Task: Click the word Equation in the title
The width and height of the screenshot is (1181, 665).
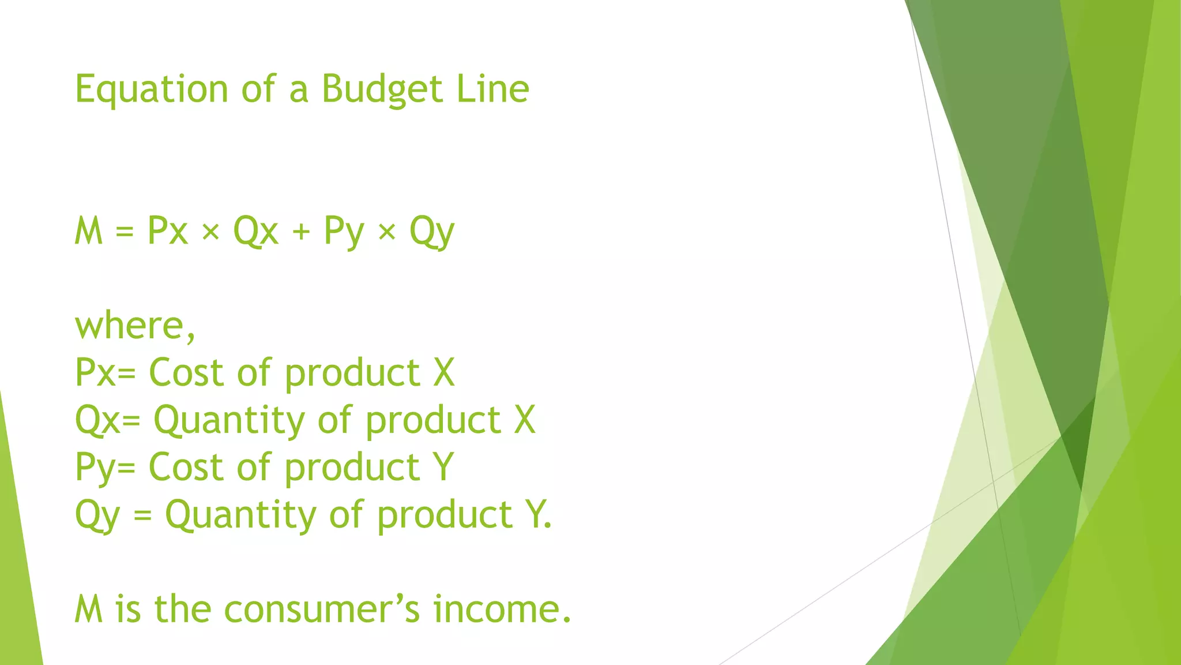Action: coord(152,90)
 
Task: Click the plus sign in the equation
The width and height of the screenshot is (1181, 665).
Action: coord(301,232)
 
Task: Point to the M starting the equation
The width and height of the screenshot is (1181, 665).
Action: coord(89,231)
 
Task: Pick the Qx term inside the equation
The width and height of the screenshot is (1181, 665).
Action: coord(255,231)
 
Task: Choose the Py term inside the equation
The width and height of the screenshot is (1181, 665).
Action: coord(344,232)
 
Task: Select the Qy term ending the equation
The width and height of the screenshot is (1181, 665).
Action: coord(432,232)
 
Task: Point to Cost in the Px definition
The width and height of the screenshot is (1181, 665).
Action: coord(186,372)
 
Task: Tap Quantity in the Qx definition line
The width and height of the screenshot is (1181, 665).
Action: coord(229,420)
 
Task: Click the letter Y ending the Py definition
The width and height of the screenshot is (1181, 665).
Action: coord(443,467)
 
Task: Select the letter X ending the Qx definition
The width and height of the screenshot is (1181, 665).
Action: coord(524,420)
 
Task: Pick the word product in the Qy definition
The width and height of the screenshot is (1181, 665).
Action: coord(445,515)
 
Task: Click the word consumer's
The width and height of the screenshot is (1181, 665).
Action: coord(322,610)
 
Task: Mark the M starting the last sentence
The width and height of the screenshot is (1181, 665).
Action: coord(89,610)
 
